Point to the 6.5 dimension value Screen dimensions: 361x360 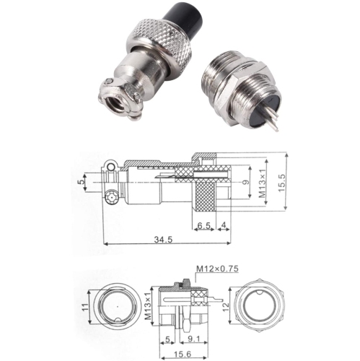203,225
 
